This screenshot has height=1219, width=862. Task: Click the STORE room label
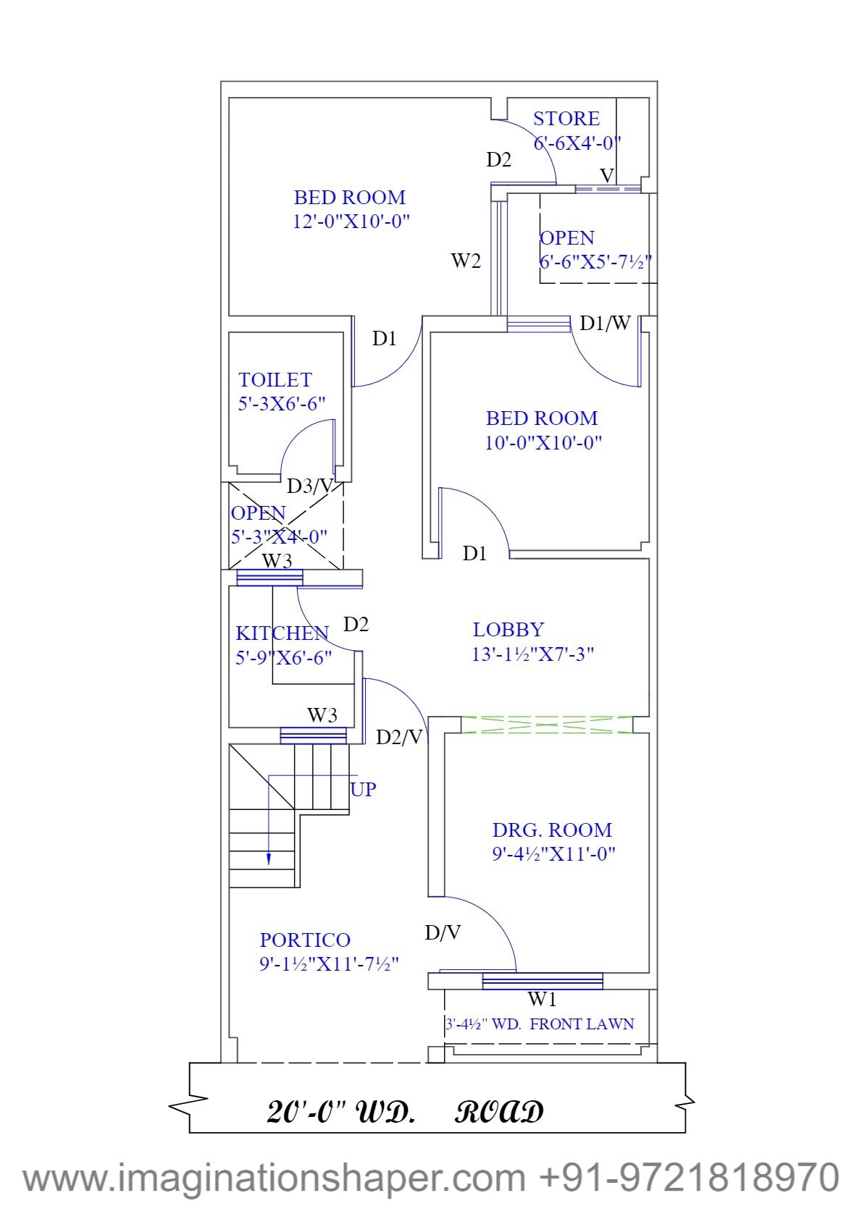coord(566,119)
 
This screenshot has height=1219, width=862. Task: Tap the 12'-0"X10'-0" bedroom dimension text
coord(351,221)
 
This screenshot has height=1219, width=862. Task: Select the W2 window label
coord(466,261)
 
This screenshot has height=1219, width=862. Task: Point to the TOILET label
coord(275,380)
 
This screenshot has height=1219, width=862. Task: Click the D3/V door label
coord(309,486)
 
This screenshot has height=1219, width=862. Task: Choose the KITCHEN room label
coord(282,633)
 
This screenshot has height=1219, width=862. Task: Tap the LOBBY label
coord(508,630)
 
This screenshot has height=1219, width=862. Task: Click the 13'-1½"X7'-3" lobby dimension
coord(532,654)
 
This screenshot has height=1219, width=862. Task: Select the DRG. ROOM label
coord(552,830)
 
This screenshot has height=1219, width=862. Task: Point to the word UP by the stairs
coord(364,789)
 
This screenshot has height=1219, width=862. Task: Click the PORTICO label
coord(305,940)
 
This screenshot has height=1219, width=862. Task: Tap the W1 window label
coord(542,1000)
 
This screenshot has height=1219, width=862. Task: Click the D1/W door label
coord(605,323)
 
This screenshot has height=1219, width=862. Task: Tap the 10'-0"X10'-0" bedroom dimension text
coord(543,442)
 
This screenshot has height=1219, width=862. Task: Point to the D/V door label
coord(442,933)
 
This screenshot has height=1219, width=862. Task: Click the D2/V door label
coord(399,737)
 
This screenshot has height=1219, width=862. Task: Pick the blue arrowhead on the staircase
coord(269,859)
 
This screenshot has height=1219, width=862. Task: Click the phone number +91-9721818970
coord(689,1177)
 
